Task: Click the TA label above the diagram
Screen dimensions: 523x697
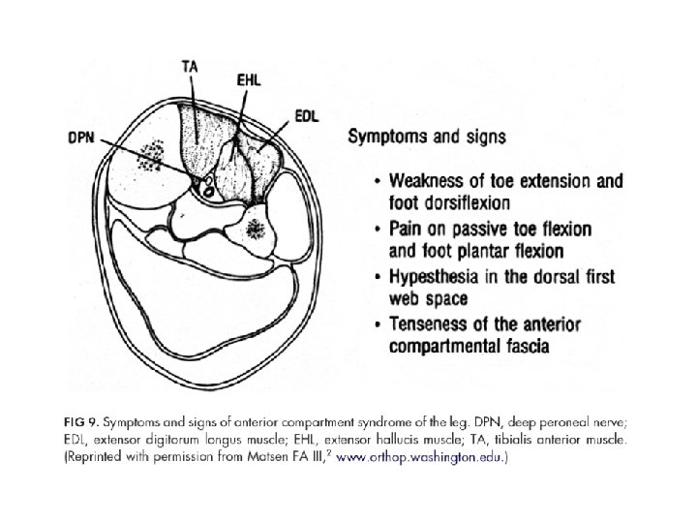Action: pos(192,67)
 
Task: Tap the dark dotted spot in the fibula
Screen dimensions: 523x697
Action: pos(257,230)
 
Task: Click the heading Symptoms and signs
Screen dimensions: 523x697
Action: pos(426,136)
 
